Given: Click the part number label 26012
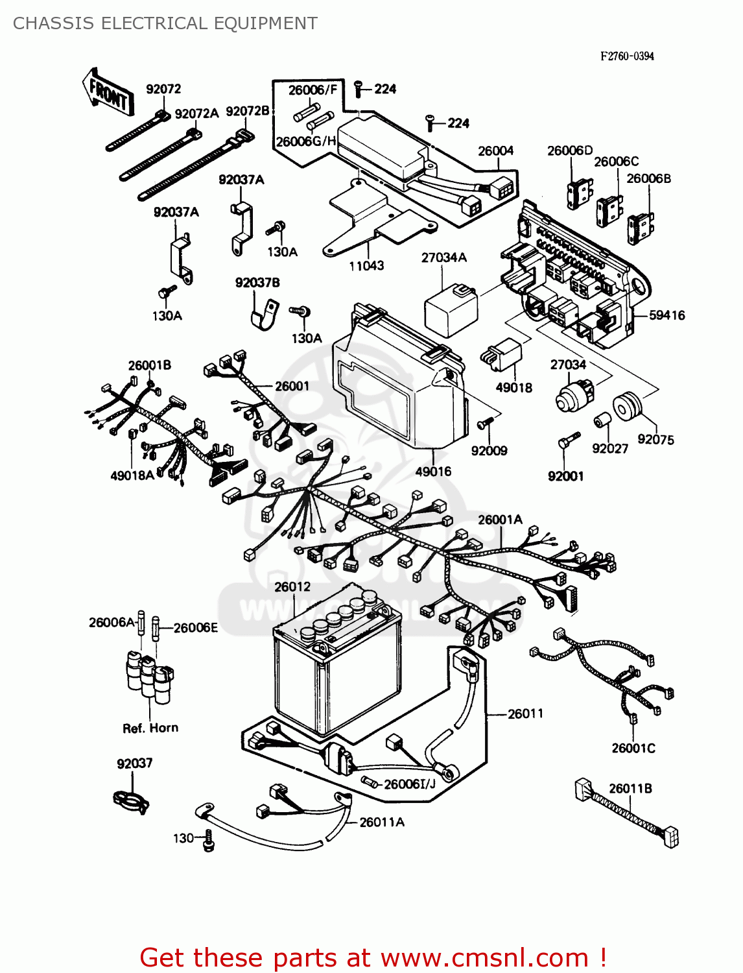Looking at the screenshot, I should point(292,587).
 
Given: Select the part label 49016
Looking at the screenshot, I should point(433,472).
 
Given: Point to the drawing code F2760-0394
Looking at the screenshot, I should point(626,56).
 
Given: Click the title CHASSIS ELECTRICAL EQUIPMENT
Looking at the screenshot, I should point(165,23).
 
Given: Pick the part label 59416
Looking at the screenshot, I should point(666,315).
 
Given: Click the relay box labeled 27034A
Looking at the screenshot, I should point(451,309).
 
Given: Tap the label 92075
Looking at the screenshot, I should point(655,440).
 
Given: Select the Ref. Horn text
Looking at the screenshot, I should point(150,728).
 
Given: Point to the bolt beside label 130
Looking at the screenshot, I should point(208,840).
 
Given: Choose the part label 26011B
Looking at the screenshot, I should point(630,789).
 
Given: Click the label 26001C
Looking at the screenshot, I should point(633,748).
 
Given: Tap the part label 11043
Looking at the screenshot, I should point(366,265).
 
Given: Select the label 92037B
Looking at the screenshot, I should point(257,283).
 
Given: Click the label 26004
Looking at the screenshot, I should point(495,151).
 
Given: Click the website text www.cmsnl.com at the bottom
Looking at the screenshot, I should point(484,958).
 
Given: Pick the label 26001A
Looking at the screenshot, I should point(500,520).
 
